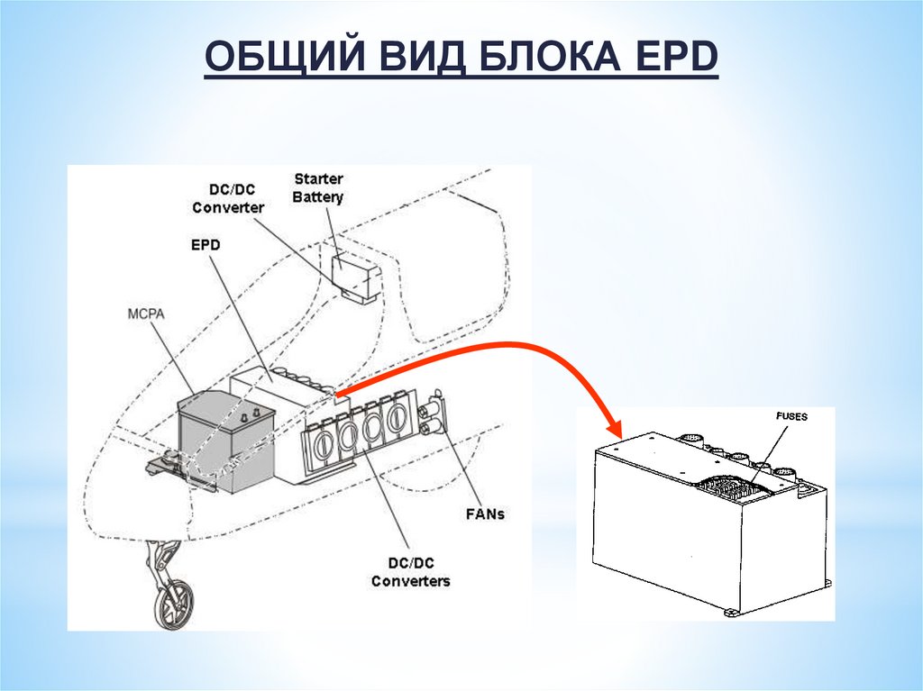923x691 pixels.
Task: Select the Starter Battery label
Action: [x=318, y=188]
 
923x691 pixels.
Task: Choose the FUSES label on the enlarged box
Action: [x=791, y=417]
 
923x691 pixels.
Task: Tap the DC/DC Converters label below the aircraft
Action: [x=410, y=572]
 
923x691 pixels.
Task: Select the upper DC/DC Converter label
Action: [x=227, y=198]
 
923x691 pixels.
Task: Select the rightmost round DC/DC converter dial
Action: [x=396, y=417]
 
